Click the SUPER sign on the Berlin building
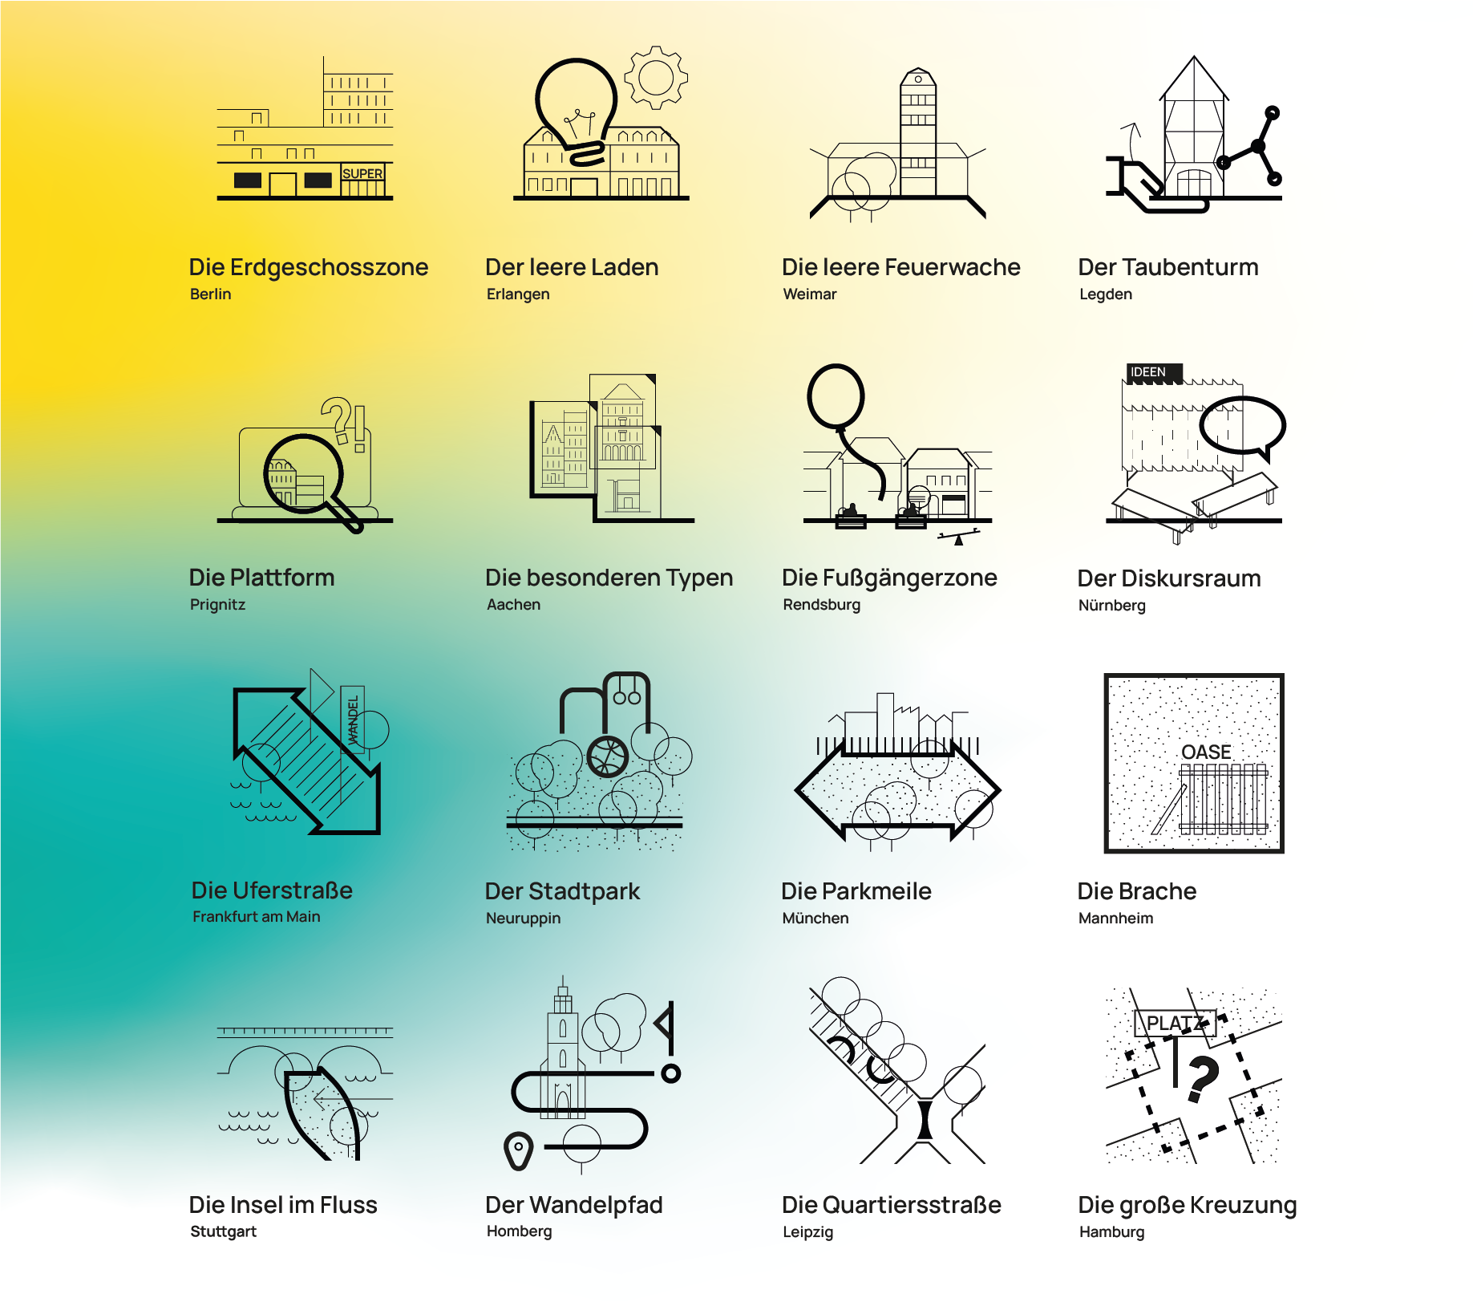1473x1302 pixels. pos(362,174)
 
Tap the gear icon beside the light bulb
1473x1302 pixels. pos(656,78)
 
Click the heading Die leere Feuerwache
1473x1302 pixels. pos(900,267)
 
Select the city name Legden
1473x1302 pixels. pos(1105,294)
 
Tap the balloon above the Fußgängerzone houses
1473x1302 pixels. pos(836,396)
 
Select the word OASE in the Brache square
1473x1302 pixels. pos(1206,752)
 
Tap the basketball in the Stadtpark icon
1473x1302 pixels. pos(608,756)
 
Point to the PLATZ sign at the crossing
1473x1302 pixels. pos(1175,1024)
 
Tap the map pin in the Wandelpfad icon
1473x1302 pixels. pos(519,1150)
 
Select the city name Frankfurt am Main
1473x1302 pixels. pos(256,917)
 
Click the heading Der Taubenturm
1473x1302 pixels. pos(1167,267)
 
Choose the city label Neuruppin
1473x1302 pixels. pos(523,919)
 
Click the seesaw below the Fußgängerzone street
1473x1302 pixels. pos(958,537)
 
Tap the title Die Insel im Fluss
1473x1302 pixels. pos(282,1205)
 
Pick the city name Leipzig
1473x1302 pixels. pos(807,1232)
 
